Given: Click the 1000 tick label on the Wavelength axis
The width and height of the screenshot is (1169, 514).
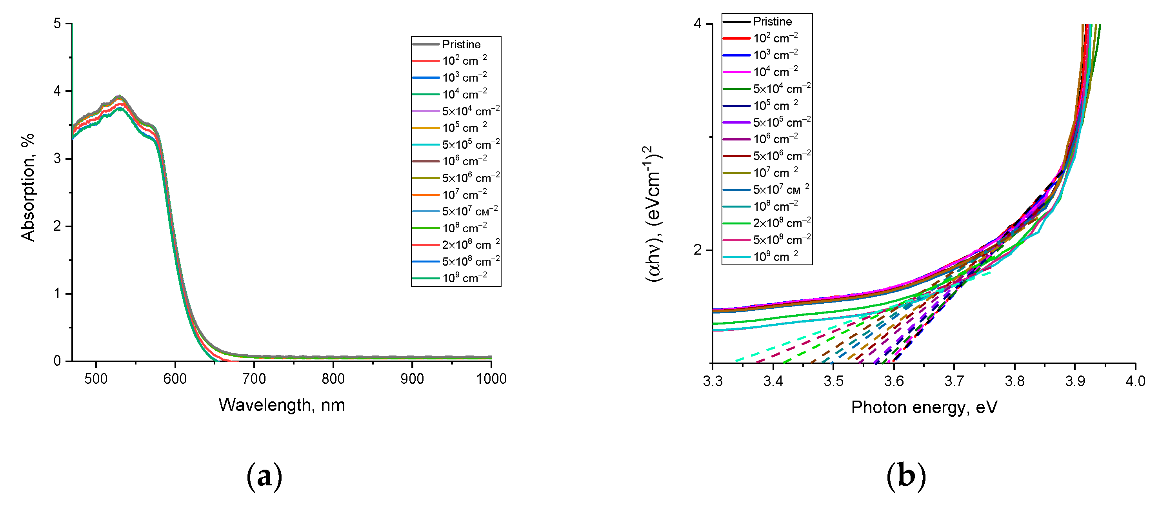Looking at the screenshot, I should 491,379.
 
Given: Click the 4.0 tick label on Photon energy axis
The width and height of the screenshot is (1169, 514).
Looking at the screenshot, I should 1135,381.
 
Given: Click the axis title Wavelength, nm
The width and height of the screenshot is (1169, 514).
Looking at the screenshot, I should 282,405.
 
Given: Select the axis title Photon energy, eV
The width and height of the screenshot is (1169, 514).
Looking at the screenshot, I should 924,407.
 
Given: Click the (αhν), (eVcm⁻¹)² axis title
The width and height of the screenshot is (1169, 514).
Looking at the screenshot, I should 653,213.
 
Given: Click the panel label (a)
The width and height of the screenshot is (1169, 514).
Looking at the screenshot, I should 264,477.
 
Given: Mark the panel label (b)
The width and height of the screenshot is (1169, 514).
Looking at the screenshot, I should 906,477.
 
